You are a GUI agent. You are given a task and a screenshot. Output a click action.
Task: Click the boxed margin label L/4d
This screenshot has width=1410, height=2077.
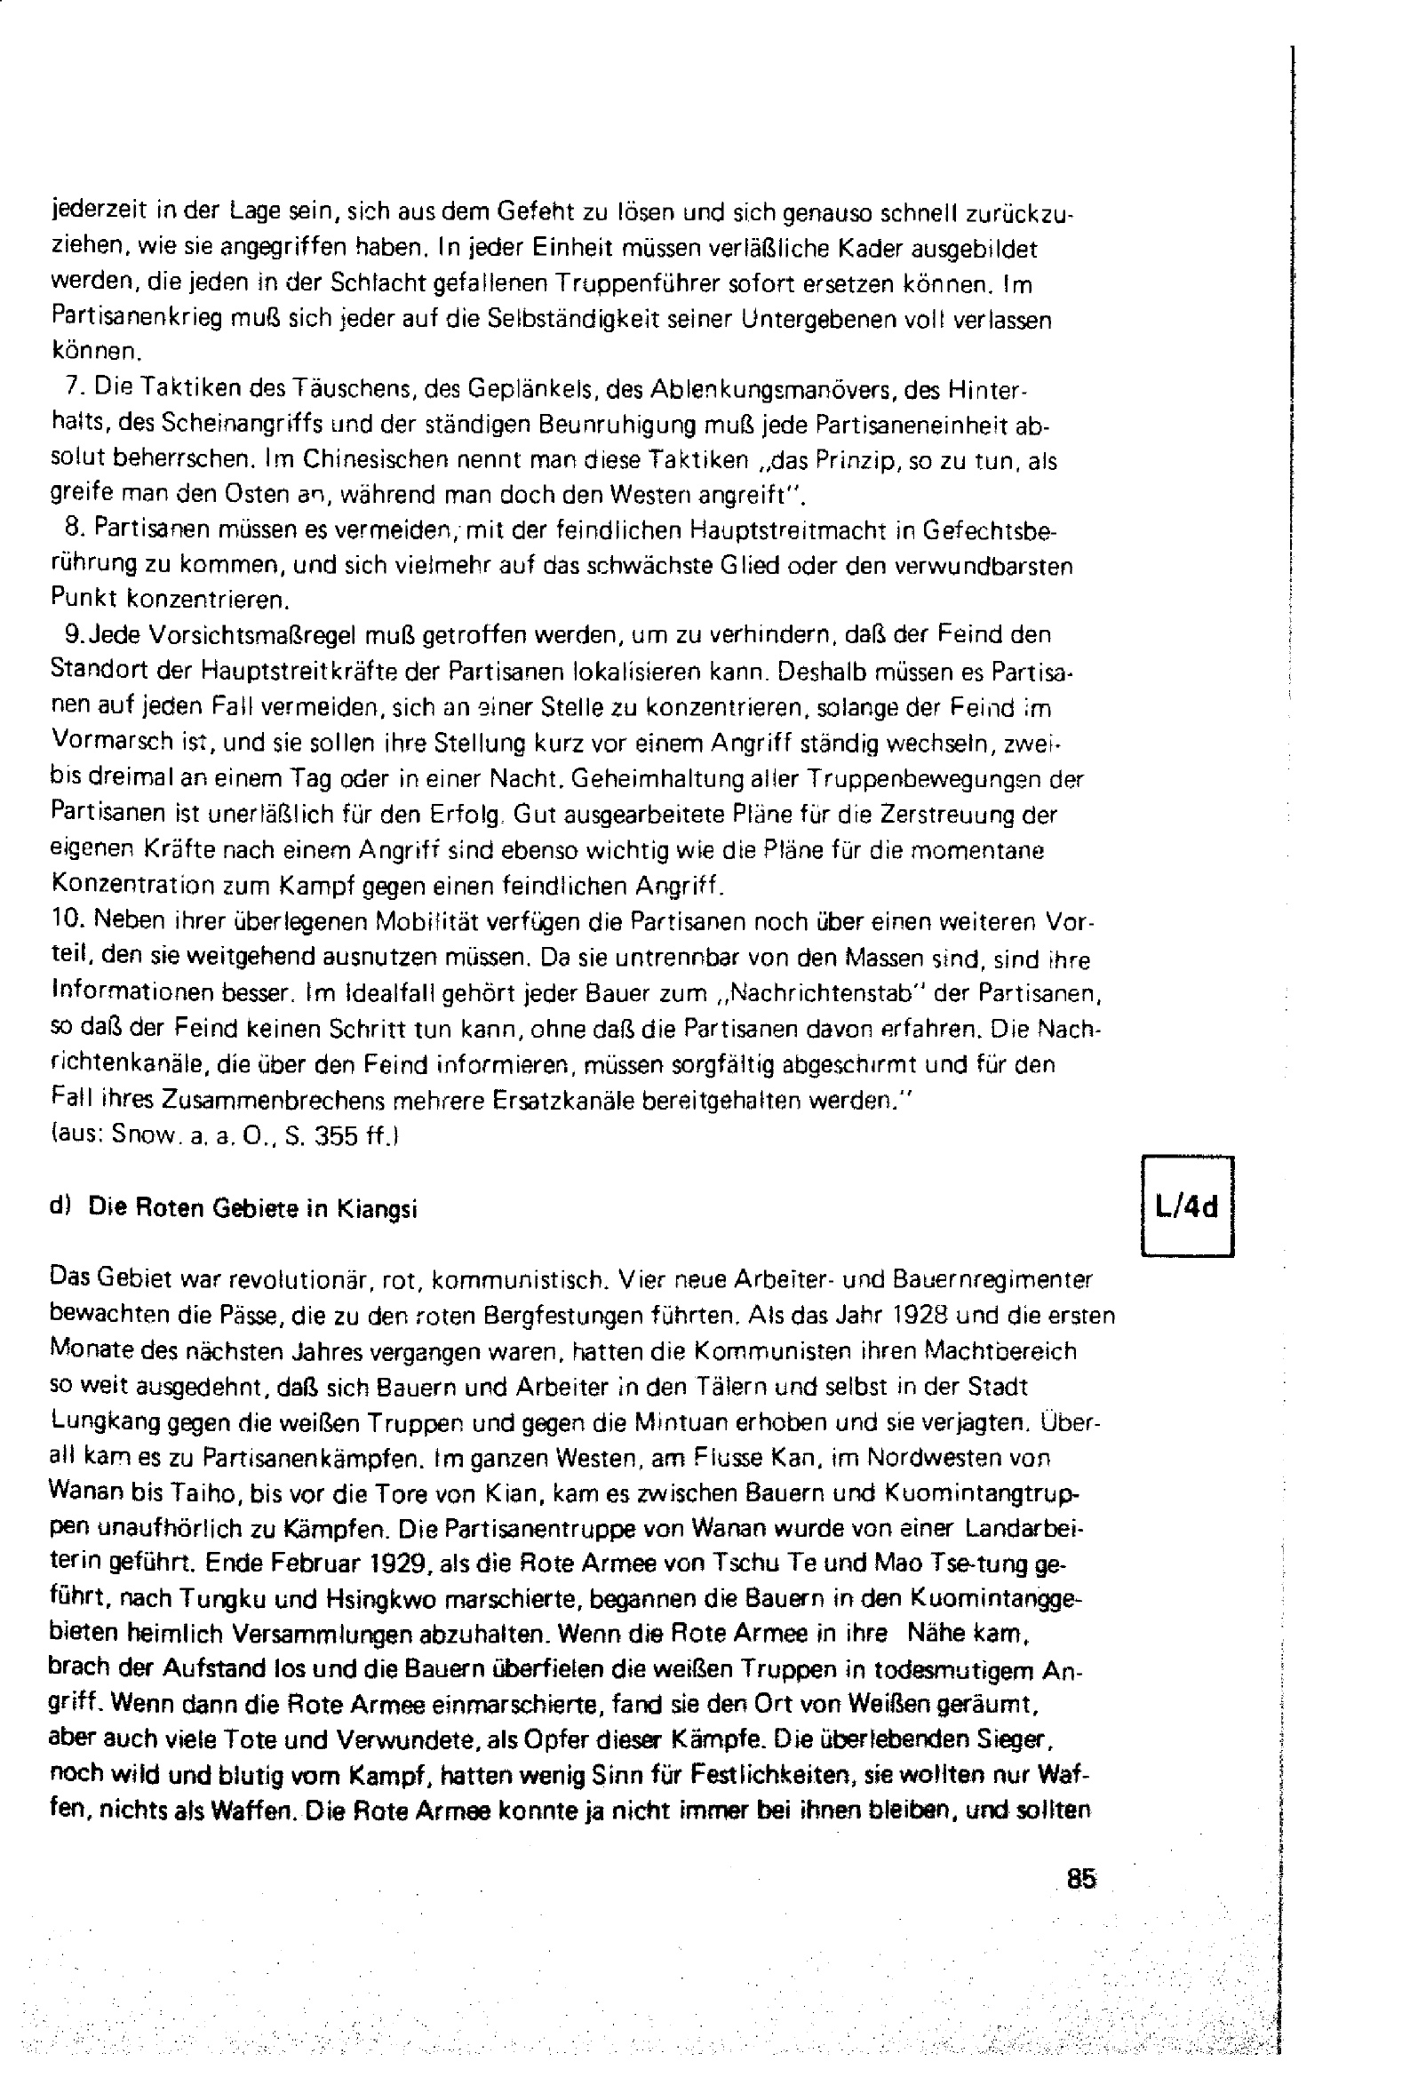click(x=1186, y=1208)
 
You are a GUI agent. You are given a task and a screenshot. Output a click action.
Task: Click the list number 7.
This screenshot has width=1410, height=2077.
click(x=75, y=387)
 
